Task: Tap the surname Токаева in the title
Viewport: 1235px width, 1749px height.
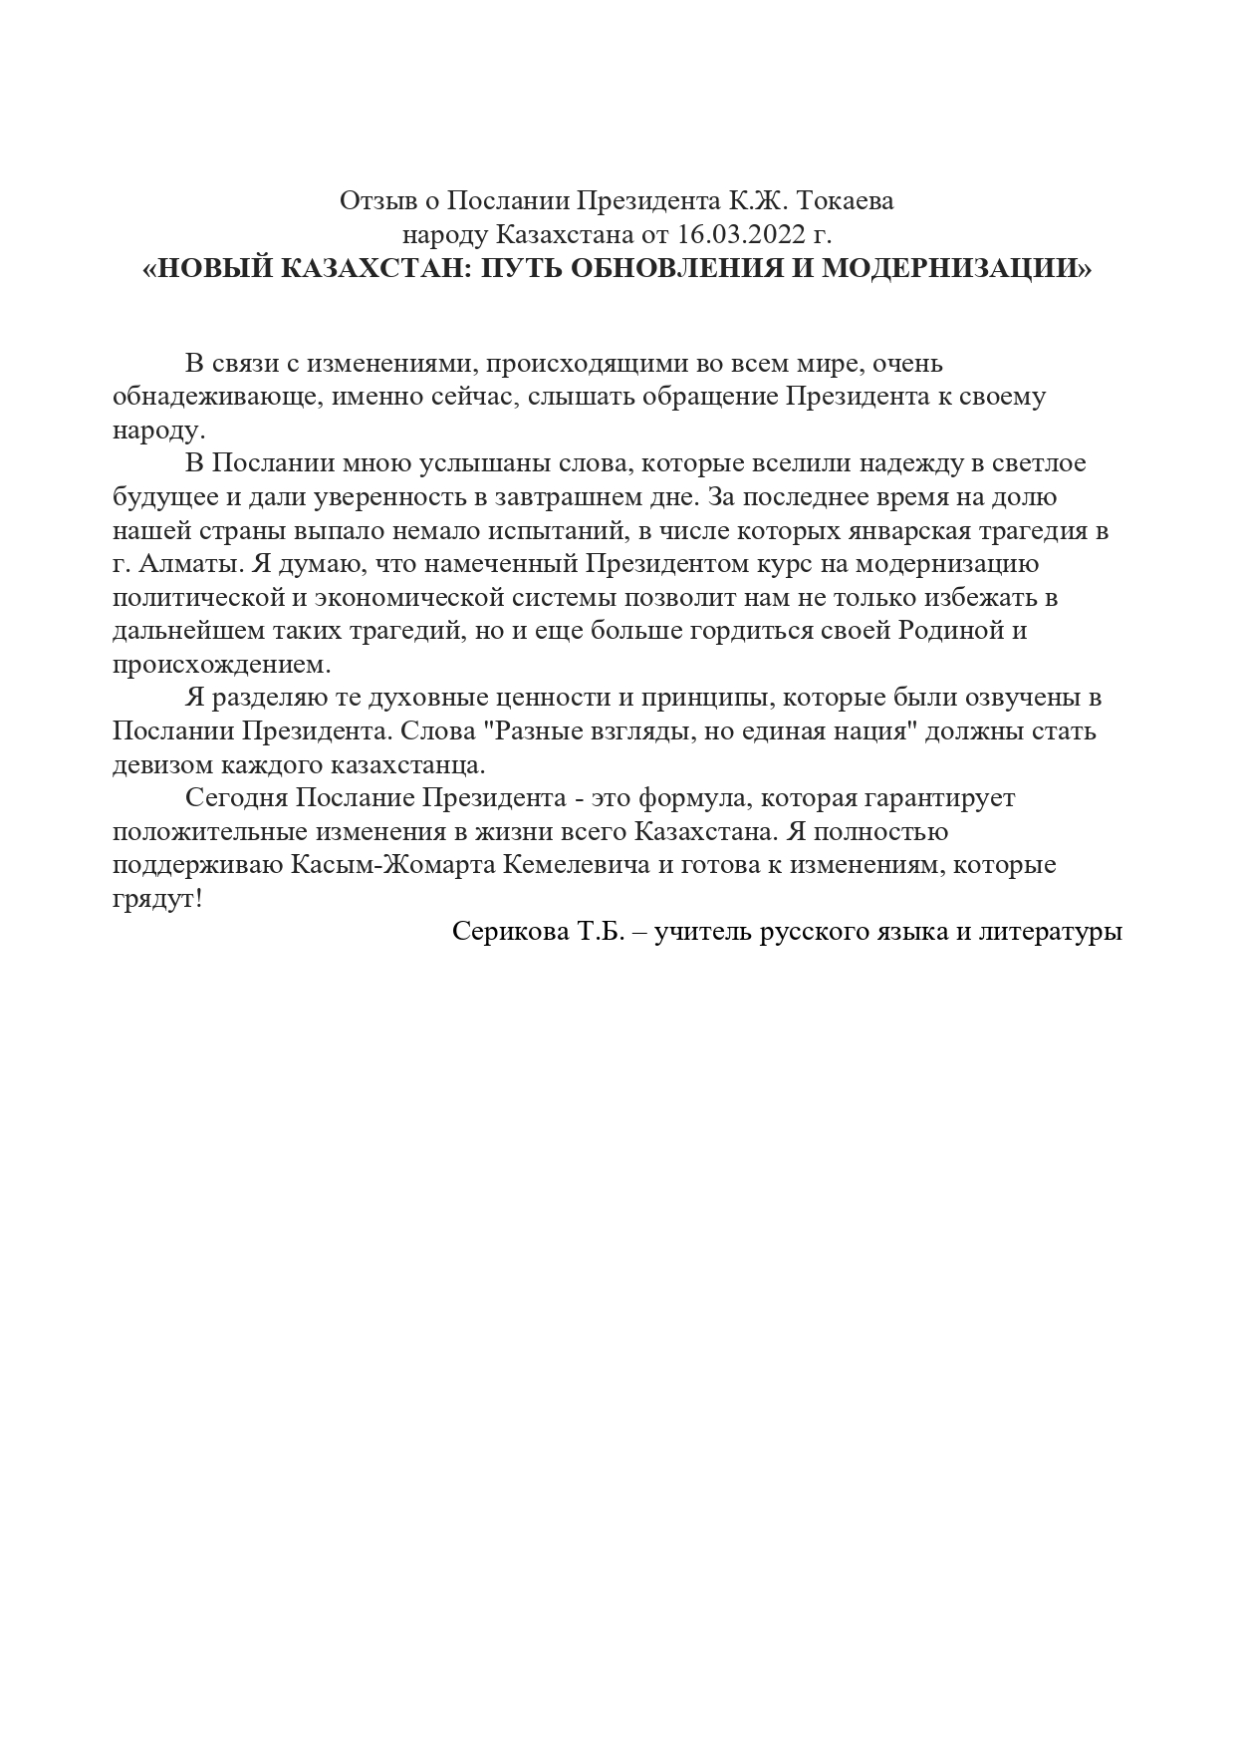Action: pos(847,201)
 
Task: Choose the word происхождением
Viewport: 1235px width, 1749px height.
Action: pos(220,664)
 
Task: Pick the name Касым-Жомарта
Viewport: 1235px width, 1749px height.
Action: pos(392,865)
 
